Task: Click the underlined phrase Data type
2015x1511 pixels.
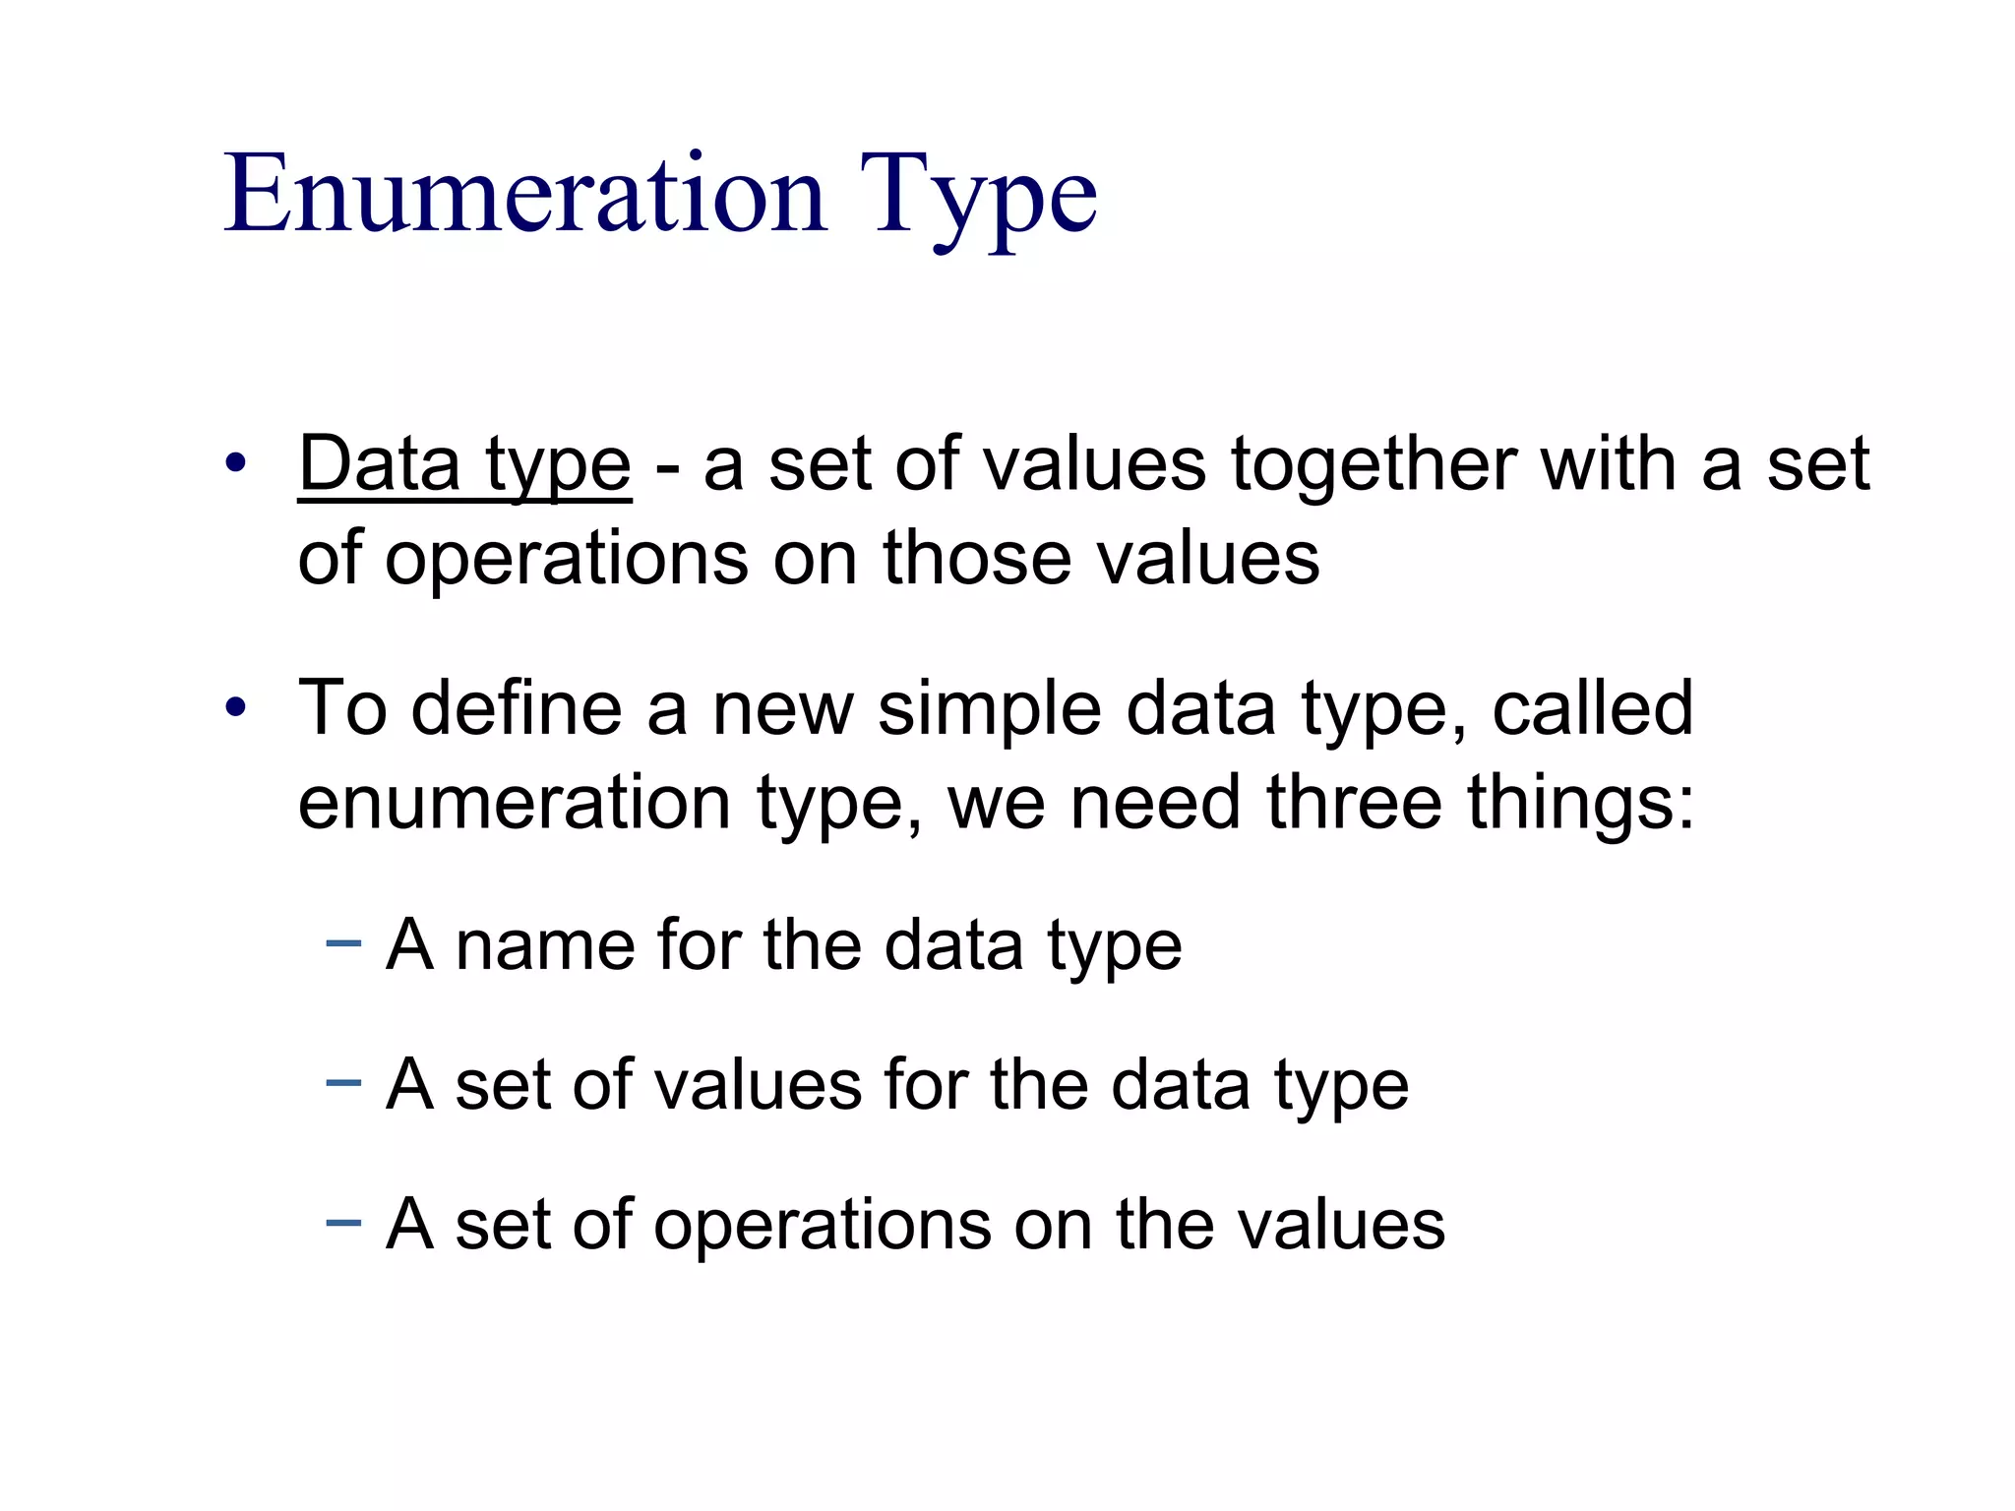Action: [x=464, y=465]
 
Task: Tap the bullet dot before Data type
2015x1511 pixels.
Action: [x=234, y=463]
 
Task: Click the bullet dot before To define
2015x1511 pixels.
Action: [x=234, y=707]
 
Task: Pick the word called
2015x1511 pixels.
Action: [x=1593, y=707]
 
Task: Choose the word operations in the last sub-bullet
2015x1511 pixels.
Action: [x=823, y=1226]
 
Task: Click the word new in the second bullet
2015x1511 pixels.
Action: [x=782, y=709]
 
